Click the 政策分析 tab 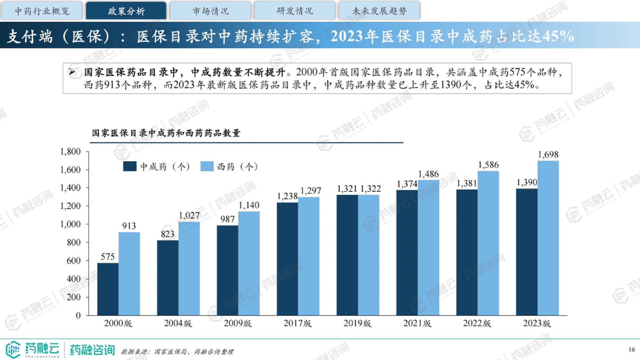point(126,11)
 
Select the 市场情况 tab point(211,11)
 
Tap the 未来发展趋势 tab point(379,11)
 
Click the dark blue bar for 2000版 point(108,289)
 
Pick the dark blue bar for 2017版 point(287,259)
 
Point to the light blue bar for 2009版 point(249,263)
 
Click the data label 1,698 point(548,155)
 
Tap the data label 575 point(108,257)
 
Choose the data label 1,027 point(189,216)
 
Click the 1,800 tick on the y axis point(70,152)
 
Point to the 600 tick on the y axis point(74,261)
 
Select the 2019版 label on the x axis point(357,324)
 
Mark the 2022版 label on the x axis point(477,324)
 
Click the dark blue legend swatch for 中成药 point(130,166)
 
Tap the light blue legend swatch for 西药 point(207,166)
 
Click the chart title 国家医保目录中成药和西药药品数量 point(166,133)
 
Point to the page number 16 point(631,349)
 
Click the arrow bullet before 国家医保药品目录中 point(72,72)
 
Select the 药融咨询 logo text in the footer point(92,350)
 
